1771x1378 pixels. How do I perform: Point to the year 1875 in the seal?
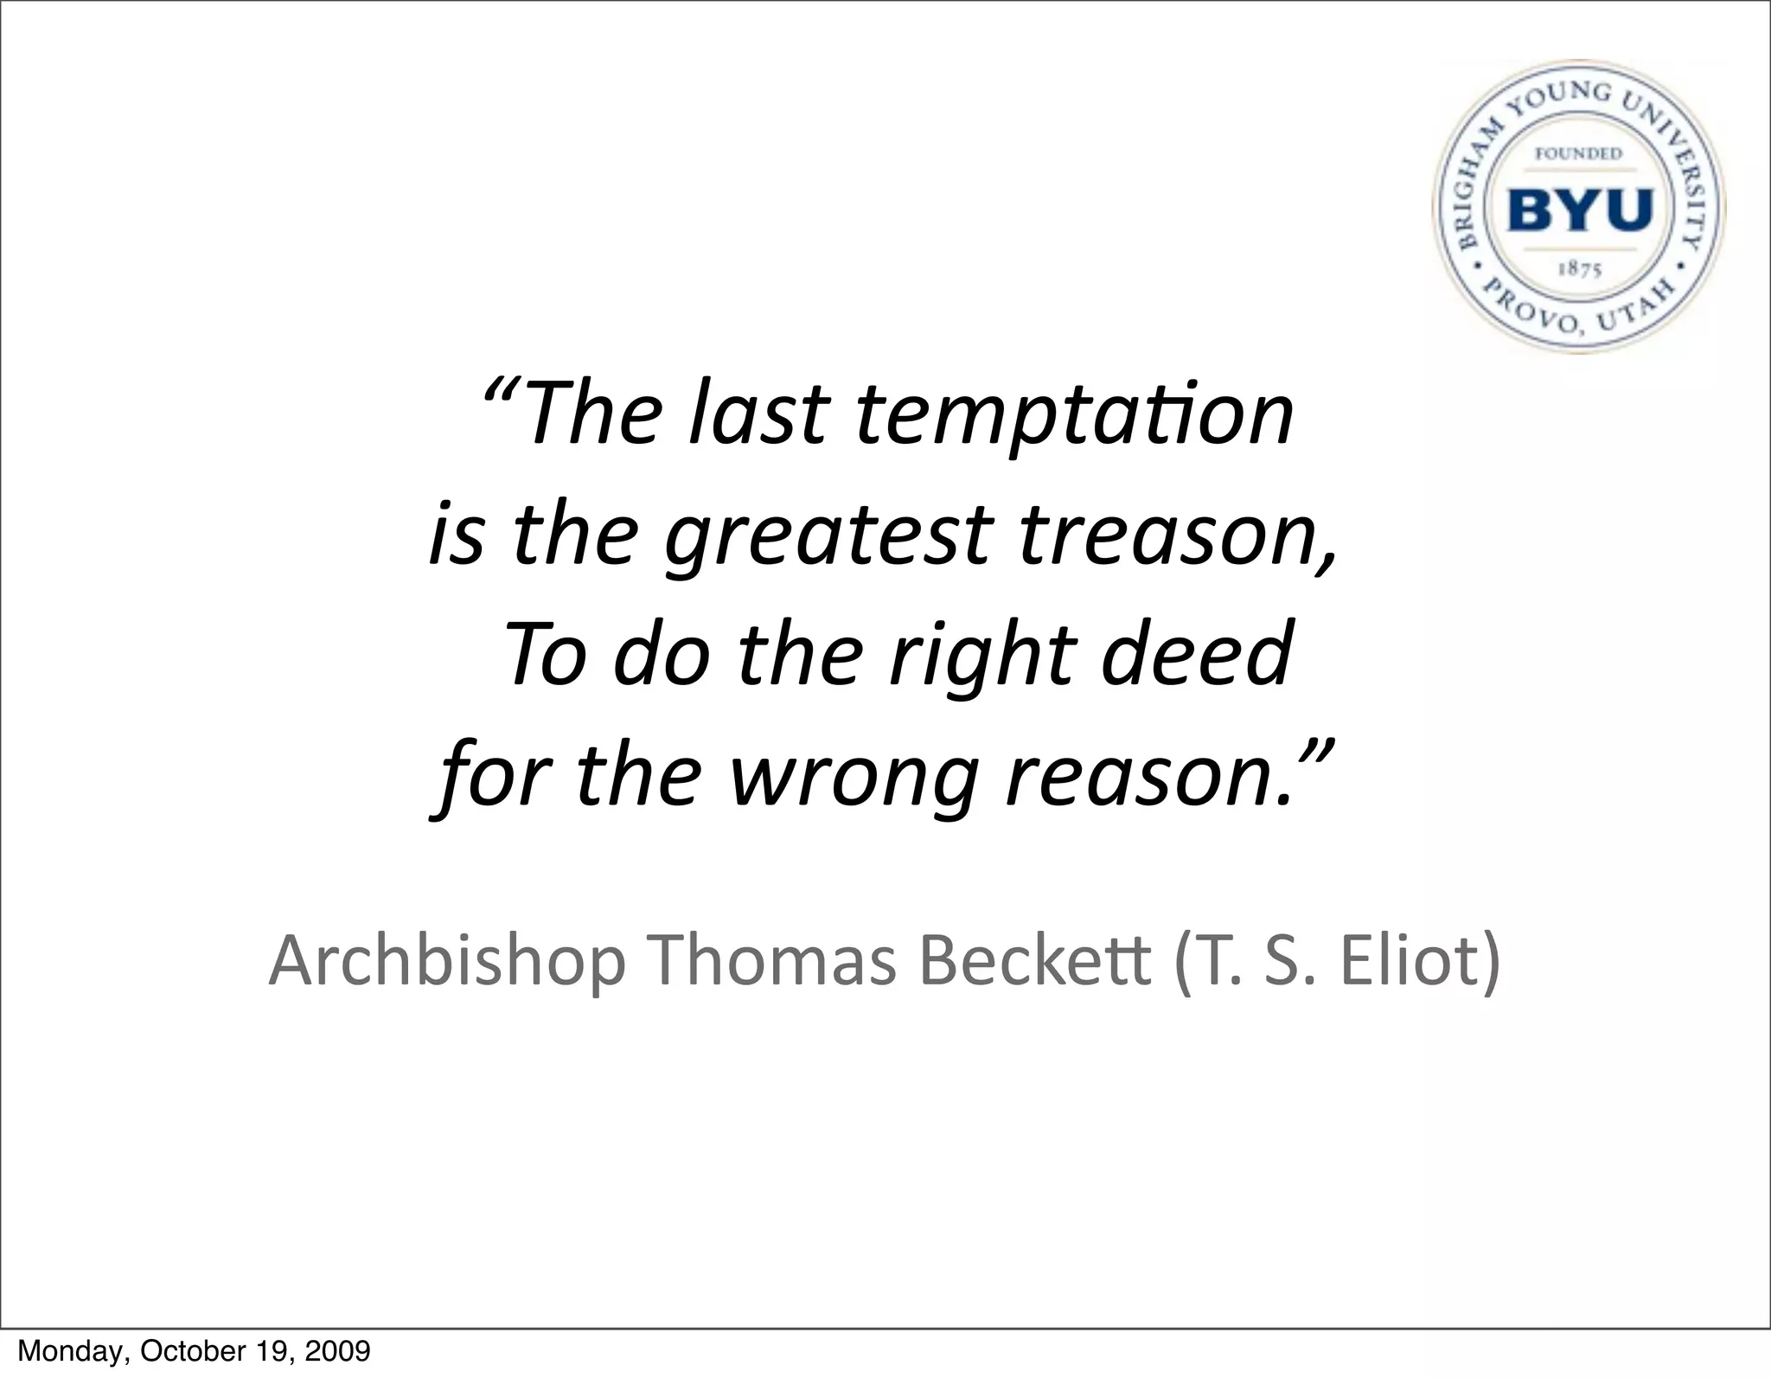1579,269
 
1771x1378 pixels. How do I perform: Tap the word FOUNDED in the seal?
1579,154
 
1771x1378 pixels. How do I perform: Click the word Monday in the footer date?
60,1350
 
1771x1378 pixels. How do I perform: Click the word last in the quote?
759,413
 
